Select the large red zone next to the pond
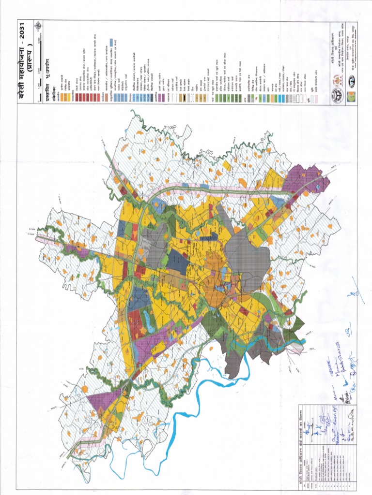tap(138, 324)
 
